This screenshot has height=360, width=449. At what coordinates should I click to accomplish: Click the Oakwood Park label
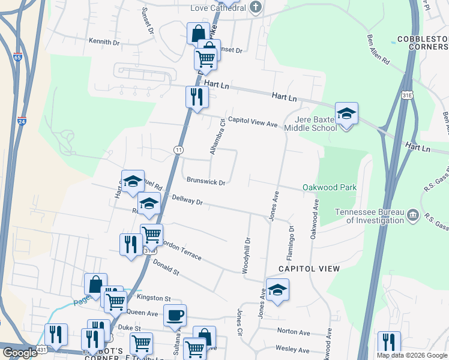click(x=330, y=187)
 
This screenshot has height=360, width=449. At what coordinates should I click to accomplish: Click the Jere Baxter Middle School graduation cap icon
click(x=346, y=113)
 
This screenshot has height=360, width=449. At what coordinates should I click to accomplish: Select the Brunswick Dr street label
click(x=205, y=181)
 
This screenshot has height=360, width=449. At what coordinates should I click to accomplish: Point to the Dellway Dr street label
click(x=188, y=200)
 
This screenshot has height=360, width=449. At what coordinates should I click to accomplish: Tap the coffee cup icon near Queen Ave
click(x=175, y=314)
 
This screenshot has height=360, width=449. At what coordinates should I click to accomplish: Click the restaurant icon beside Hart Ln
click(x=196, y=96)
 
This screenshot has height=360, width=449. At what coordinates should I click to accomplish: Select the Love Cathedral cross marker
click(x=256, y=8)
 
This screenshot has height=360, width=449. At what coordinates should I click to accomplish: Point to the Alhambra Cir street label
click(x=217, y=137)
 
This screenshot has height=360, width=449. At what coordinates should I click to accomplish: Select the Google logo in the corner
click(x=20, y=353)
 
